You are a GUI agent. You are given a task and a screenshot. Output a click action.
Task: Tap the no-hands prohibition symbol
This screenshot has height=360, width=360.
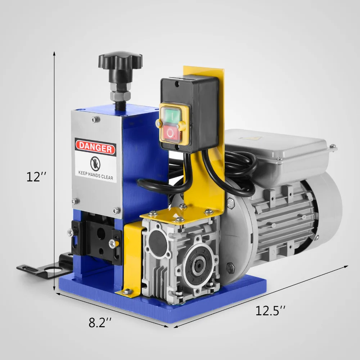(x=95, y=164)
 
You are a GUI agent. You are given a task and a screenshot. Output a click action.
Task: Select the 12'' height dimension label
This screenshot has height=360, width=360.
(x=36, y=177)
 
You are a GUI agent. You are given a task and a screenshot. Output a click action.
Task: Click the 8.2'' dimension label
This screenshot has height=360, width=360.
(x=100, y=322)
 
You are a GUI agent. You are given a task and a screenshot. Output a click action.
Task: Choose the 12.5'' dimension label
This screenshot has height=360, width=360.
(x=270, y=311)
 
